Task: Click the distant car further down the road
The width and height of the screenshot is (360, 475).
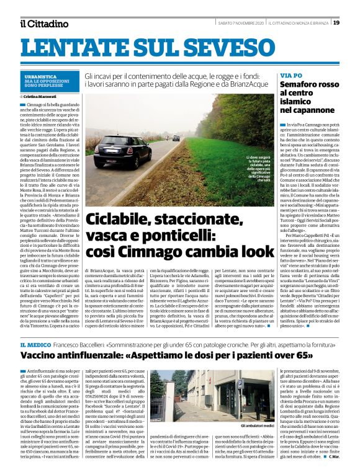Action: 176,138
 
